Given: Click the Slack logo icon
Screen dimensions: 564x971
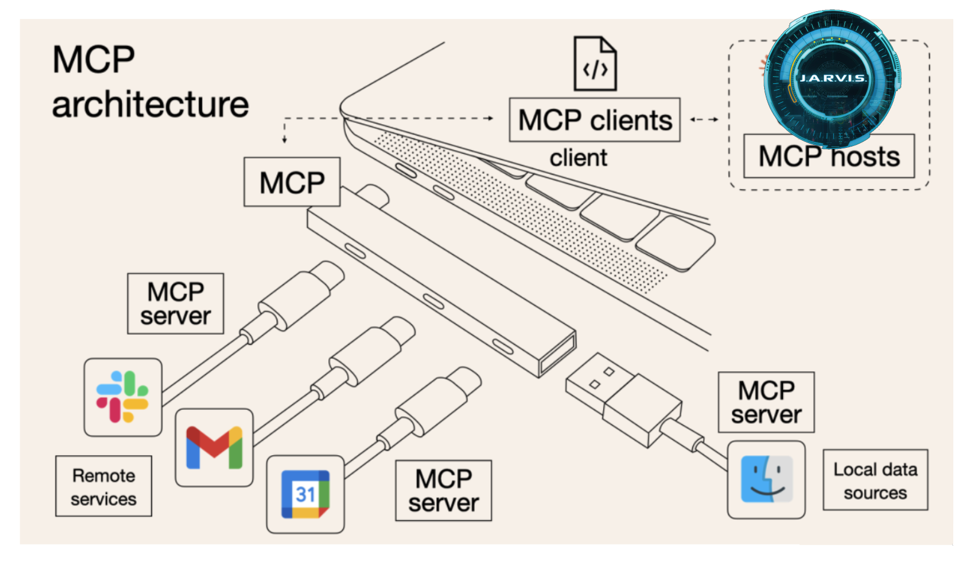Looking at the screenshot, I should pyautogui.click(x=122, y=397).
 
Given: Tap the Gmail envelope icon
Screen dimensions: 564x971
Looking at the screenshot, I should pyautogui.click(x=214, y=448).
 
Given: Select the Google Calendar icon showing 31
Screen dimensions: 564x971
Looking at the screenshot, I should pyautogui.click(x=305, y=494).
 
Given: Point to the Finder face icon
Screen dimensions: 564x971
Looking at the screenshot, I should pyautogui.click(x=766, y=479).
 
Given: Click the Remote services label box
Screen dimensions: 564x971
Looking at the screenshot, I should pyautogui.click(x=103, y=486).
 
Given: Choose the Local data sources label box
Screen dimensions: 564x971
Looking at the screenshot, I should pyautogui.click(x=875, y=480).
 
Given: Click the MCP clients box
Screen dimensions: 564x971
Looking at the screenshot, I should pyautogui.click(x=594, y=120).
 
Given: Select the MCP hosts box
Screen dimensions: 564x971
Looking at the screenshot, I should pyautogui.click(x=828, y=157).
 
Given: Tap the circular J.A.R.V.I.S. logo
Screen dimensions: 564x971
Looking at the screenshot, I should pyautogui.click(x=832, y=78).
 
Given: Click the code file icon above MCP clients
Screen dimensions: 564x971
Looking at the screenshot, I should pyautogui.click(x=595, y=64).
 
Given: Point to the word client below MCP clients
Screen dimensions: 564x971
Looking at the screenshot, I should pyautogui.click(x=578, y=158).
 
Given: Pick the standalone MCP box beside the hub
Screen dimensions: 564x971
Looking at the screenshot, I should pyautogui.click(x=292, y=182).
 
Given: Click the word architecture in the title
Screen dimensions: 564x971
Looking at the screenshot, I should pyautogui.click(x=150, y=105).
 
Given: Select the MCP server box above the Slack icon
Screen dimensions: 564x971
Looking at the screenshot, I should pyautogui.click(x=176, y=304).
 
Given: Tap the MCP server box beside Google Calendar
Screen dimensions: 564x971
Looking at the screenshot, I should pyautogui.click(x=444, y=491).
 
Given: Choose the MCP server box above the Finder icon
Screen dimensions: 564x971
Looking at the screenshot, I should pyautogui.click(x=766, y=403).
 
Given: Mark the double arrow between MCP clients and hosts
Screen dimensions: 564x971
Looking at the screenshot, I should pyautogui.click(x=704, y=119).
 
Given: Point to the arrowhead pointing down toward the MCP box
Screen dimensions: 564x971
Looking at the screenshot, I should pyautogui.click(x=284, y=140).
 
